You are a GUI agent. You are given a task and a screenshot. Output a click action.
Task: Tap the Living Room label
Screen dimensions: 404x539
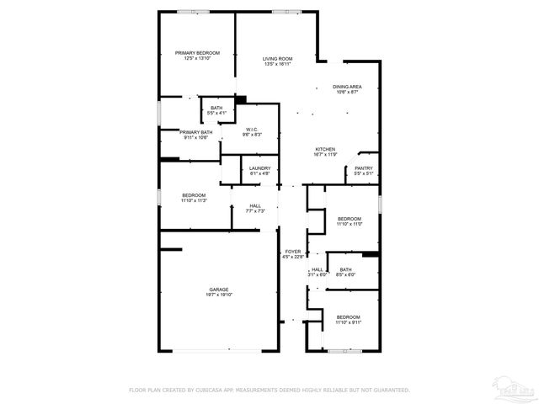pos(277,58)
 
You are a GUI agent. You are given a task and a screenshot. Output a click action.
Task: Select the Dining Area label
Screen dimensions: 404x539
pos(347,87)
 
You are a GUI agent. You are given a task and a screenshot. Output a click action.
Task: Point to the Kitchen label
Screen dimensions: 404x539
pos(325,149)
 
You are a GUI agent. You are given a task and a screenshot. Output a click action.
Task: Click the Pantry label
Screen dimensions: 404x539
pos(363,167)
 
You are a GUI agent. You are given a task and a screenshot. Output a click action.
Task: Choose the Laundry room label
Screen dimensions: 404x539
pos(259,167)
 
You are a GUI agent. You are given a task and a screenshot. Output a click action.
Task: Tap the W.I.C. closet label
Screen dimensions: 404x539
pos(252,129)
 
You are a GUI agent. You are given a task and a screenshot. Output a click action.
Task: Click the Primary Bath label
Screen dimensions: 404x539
pos(195,132)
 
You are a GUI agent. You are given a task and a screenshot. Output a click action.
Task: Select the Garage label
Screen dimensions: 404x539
pos(219,289)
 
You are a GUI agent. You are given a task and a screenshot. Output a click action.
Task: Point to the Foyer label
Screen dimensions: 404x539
pos(293,251)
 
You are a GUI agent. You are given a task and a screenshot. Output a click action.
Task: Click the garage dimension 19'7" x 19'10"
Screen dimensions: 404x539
pos(219,295)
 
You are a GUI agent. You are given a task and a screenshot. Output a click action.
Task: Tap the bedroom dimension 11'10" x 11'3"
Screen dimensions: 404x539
pos(194,200)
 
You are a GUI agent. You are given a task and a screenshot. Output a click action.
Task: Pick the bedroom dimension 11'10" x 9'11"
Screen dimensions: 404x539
pos(348,322)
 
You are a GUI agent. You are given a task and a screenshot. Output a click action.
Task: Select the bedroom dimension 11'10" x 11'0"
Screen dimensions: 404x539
pos(349,224)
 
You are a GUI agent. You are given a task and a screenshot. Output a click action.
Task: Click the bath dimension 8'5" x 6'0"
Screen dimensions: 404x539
pos(345,274)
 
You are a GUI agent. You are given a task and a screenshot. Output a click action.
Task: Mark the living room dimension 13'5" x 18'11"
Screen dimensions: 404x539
pos(277,64)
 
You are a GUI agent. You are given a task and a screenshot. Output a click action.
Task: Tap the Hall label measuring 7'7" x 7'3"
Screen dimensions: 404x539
pos(254,205)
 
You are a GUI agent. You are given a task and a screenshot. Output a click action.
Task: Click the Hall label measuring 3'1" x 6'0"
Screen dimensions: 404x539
pos(318,269)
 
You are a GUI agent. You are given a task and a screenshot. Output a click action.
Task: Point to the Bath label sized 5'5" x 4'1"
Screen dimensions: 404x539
pos(216,108)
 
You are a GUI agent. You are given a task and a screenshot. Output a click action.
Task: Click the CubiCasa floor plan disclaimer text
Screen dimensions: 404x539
pos(269,390)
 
